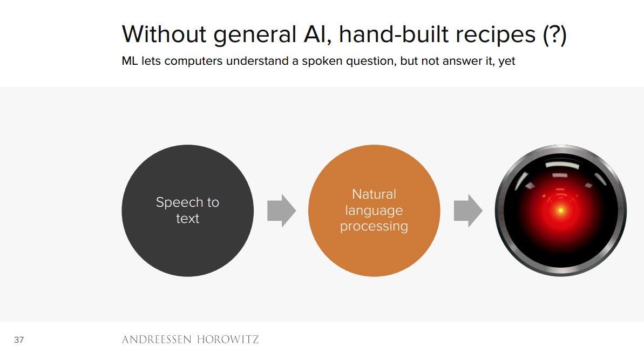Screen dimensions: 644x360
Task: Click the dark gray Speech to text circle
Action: tap(188, 210)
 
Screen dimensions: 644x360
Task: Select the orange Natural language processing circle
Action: tap(374, 210)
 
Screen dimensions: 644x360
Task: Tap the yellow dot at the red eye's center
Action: tap(561, 210)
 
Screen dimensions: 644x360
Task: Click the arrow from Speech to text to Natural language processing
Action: tap(281, 210)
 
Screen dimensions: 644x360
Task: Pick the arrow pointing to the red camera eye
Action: tap(468, 210)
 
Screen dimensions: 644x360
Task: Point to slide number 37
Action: tap(19, 340)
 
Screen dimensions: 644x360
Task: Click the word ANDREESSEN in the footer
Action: tap(157, 339)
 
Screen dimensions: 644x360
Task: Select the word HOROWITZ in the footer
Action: tap(228, 339)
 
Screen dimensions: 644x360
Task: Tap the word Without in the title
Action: tap(164, 34)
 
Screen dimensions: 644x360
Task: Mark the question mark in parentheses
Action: tap(555, 35)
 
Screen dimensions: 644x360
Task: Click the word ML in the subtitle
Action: tap(130, 61)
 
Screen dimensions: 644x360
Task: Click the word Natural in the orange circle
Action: tap(374, 194)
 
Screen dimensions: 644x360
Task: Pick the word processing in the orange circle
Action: tap(374, 227)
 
